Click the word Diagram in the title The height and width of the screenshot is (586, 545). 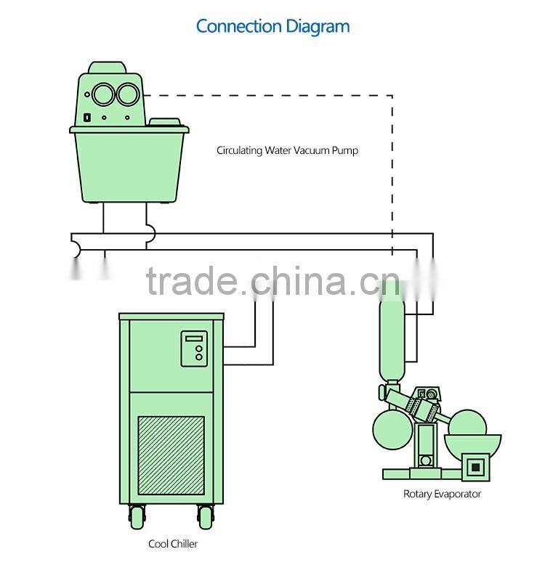[317, 27]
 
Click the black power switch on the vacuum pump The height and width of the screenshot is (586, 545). [86, 117]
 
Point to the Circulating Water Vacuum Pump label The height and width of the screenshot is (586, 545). [287, 151]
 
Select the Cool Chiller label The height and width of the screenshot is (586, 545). [172, 544]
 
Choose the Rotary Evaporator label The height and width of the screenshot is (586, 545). [442, 494]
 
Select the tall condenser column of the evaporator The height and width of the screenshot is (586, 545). [391, 330]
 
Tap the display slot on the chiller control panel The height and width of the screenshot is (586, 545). [194, 338]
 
